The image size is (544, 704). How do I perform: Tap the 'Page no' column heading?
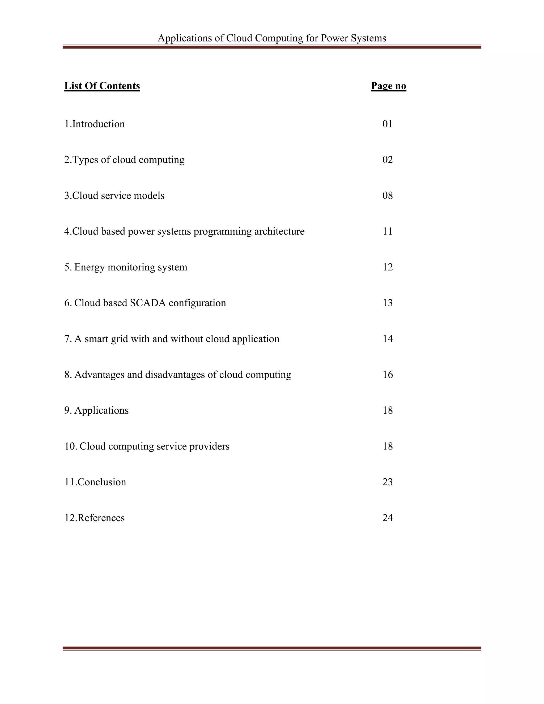pos(388,86)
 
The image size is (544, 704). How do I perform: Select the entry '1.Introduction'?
pos(94,124)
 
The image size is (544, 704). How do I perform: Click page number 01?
pos(387,124)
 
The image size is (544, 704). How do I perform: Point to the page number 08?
pos(387,196)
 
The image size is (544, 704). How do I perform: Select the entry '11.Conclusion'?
pos(95,482)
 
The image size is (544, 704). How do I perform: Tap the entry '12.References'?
pos(94,518)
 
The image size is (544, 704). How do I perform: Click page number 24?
pos(387,518)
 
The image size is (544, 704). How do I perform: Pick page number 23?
pos(387,482)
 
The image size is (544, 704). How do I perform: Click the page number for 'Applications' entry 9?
pos(387,410)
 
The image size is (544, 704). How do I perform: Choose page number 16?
pos(387,375)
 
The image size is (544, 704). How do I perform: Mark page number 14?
pos(387,339)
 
